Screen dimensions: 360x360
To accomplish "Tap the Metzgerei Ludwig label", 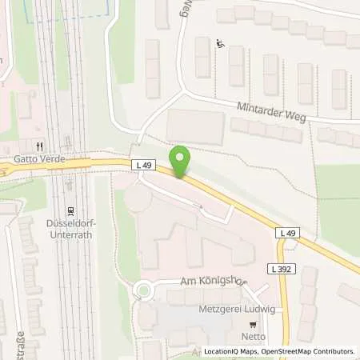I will (232, 308).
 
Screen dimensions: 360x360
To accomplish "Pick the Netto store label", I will (254, 338).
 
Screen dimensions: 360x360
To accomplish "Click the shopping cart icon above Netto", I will (254, 325).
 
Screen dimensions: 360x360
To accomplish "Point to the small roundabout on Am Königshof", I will (145, 290).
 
